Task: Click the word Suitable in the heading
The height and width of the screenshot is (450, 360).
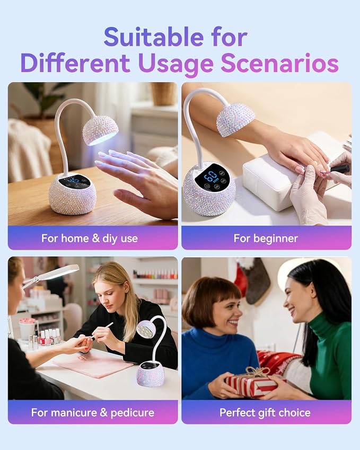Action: (x=154, y=37)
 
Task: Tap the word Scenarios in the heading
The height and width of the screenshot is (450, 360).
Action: (x=279, y=63)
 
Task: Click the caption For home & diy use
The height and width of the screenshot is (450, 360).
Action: (x=90, y=238)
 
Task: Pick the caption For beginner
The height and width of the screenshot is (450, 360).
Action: (x=266, y=238)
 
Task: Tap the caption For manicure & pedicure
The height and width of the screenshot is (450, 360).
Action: (x=93, y=412)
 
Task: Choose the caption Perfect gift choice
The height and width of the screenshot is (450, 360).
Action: (x=265, y=412)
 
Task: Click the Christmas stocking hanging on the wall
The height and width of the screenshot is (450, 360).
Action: (x=257, y=281)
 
